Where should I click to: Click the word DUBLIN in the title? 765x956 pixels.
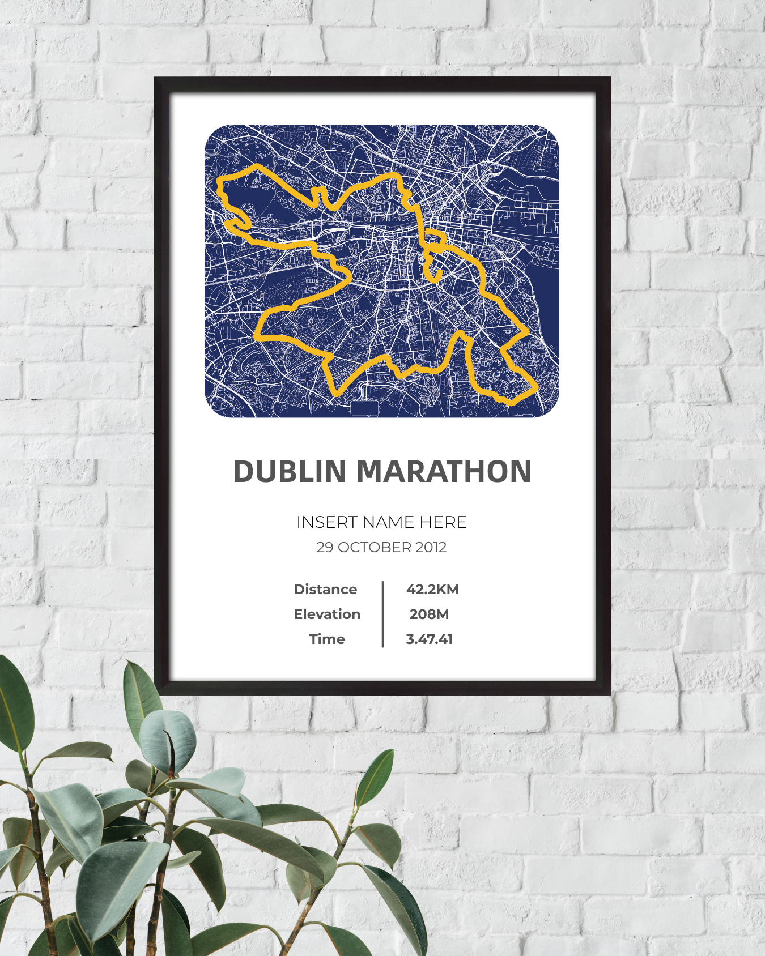coord(290,471)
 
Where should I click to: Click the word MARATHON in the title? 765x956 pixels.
coord(444,471)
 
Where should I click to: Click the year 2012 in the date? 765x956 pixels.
coord(431,548)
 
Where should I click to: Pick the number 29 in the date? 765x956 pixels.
coord(325,548)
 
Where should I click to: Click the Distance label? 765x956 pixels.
coord(325,590)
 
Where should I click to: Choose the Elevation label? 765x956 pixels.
coord(326,614)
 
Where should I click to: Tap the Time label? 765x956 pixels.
coord(326,639)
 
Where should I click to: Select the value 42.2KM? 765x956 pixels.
coord(432,590)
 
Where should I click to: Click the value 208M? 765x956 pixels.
coord(429,614)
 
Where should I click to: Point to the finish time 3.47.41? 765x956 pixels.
coord(429,639)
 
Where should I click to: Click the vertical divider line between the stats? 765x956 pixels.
coord(382,614)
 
